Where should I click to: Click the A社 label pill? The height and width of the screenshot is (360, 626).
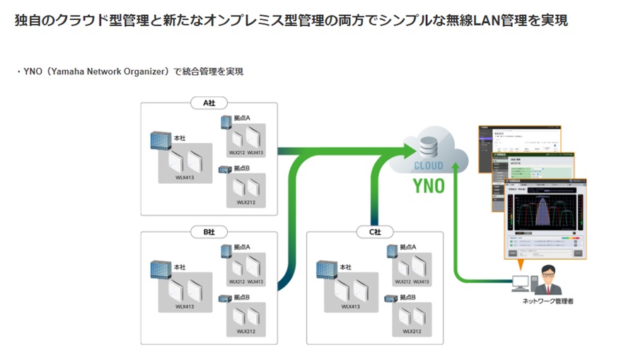209,103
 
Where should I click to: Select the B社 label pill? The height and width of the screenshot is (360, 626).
209,231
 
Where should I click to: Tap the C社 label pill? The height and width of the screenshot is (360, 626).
373,231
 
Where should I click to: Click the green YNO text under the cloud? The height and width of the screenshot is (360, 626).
429,187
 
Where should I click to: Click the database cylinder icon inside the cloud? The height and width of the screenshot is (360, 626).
429,146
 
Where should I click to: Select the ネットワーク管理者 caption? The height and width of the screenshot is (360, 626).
547,301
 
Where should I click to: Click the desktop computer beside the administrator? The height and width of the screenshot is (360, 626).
521,283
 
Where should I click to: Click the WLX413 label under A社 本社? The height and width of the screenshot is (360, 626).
186,177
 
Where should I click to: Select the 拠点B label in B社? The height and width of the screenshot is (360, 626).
243,298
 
